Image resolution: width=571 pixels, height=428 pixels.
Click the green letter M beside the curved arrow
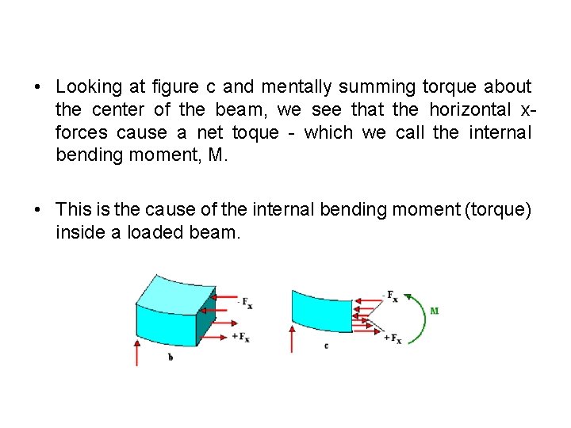[434, 311]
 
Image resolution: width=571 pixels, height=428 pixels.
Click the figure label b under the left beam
[171, 357]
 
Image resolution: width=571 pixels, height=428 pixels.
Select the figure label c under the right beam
[326, 346]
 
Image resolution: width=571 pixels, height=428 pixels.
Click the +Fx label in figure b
[240, 337]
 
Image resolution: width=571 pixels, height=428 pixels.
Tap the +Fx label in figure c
[392, 338]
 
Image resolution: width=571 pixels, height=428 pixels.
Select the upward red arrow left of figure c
[294, 337]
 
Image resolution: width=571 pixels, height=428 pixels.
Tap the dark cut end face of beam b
[205, 327]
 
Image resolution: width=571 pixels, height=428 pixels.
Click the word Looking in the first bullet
[88, 86]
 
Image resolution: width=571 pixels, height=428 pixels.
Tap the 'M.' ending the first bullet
[217, 155]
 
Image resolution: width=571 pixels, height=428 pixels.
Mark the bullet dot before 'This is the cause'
[37, 209]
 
